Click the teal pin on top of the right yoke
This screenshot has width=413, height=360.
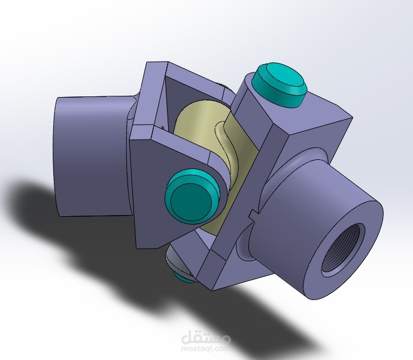coord(280,85)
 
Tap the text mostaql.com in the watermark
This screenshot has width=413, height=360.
coord(206,349)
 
